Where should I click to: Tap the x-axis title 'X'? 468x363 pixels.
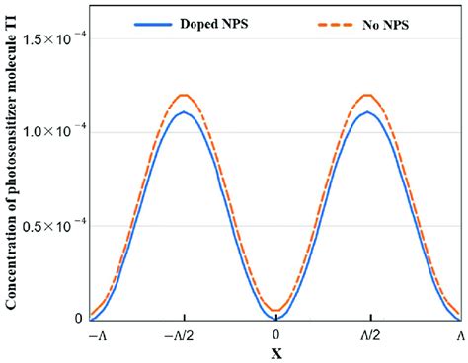click(x=275, y=353)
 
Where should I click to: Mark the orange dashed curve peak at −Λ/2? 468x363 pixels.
click(x=184, y=95)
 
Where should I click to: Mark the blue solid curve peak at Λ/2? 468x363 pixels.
click(x=369, y=111)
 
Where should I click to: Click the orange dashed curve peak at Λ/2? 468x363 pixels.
click(x=369, y=95)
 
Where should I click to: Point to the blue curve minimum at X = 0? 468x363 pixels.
click(x=276, y=318)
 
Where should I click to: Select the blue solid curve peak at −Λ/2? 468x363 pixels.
click(x=184, y=111)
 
